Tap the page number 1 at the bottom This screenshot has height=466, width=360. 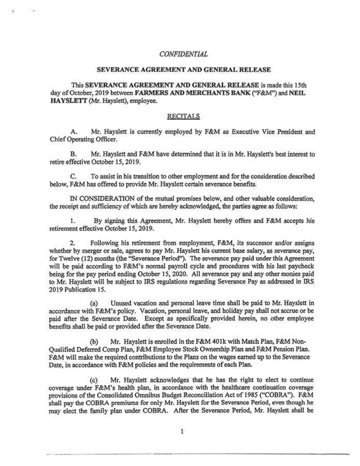point(183,434)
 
